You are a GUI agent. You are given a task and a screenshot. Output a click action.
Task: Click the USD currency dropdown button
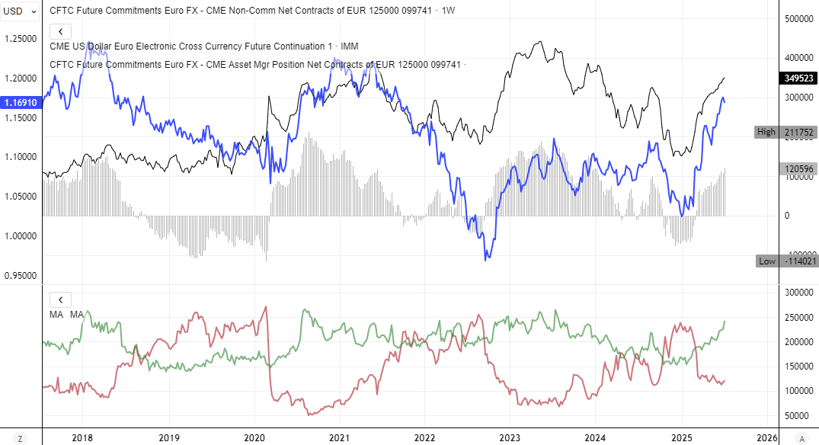click(21, 11)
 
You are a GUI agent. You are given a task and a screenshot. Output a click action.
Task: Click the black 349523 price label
click(798, 78)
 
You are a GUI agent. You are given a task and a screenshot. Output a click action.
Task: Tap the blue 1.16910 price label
click(20, 102)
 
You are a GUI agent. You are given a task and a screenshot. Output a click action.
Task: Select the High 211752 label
click(785, 132)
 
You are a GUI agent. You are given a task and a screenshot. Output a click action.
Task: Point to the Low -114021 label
click(785, 261)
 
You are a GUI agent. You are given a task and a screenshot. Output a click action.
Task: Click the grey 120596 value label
click(798, 169)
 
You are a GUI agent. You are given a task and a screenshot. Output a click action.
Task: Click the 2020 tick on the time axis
click(254, 438)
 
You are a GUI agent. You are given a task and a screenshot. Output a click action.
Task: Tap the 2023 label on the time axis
click(510, 438)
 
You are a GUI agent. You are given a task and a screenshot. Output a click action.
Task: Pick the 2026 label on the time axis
click(766, 438)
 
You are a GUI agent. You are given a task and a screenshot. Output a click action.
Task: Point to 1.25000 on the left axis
click(21, 39)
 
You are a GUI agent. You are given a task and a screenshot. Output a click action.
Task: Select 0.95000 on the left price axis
click(21, 275)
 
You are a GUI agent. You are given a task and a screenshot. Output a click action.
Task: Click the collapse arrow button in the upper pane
click(60, 31)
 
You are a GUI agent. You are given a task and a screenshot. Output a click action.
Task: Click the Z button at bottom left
click(21, 438)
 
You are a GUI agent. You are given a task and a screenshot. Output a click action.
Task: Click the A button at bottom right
click(801, 438)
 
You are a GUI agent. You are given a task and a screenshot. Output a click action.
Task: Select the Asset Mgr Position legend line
click(255, 65)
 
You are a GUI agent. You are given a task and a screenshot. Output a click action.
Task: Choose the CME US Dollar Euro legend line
click(203, 46)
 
